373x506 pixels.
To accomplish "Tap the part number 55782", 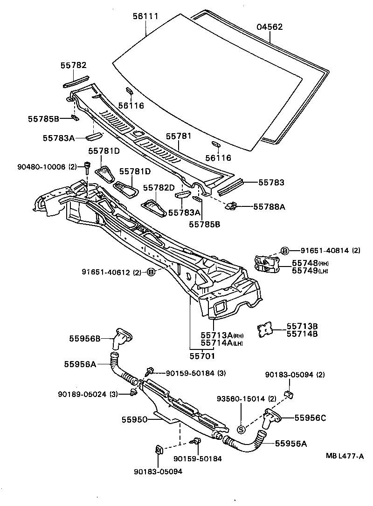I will [73, 66].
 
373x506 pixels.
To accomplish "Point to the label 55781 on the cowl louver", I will [179, 136].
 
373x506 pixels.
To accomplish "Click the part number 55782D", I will [159, 187].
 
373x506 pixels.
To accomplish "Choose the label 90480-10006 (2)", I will [54, 166].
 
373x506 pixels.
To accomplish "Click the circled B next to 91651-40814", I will [284, 250].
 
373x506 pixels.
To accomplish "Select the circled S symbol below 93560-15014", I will [241, 429].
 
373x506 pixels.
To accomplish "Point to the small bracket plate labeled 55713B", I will [265, 330].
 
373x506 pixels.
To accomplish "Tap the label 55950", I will [135, 420].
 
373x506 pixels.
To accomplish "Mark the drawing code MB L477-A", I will [345, 457].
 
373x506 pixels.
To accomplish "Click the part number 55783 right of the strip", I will [271, 183].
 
